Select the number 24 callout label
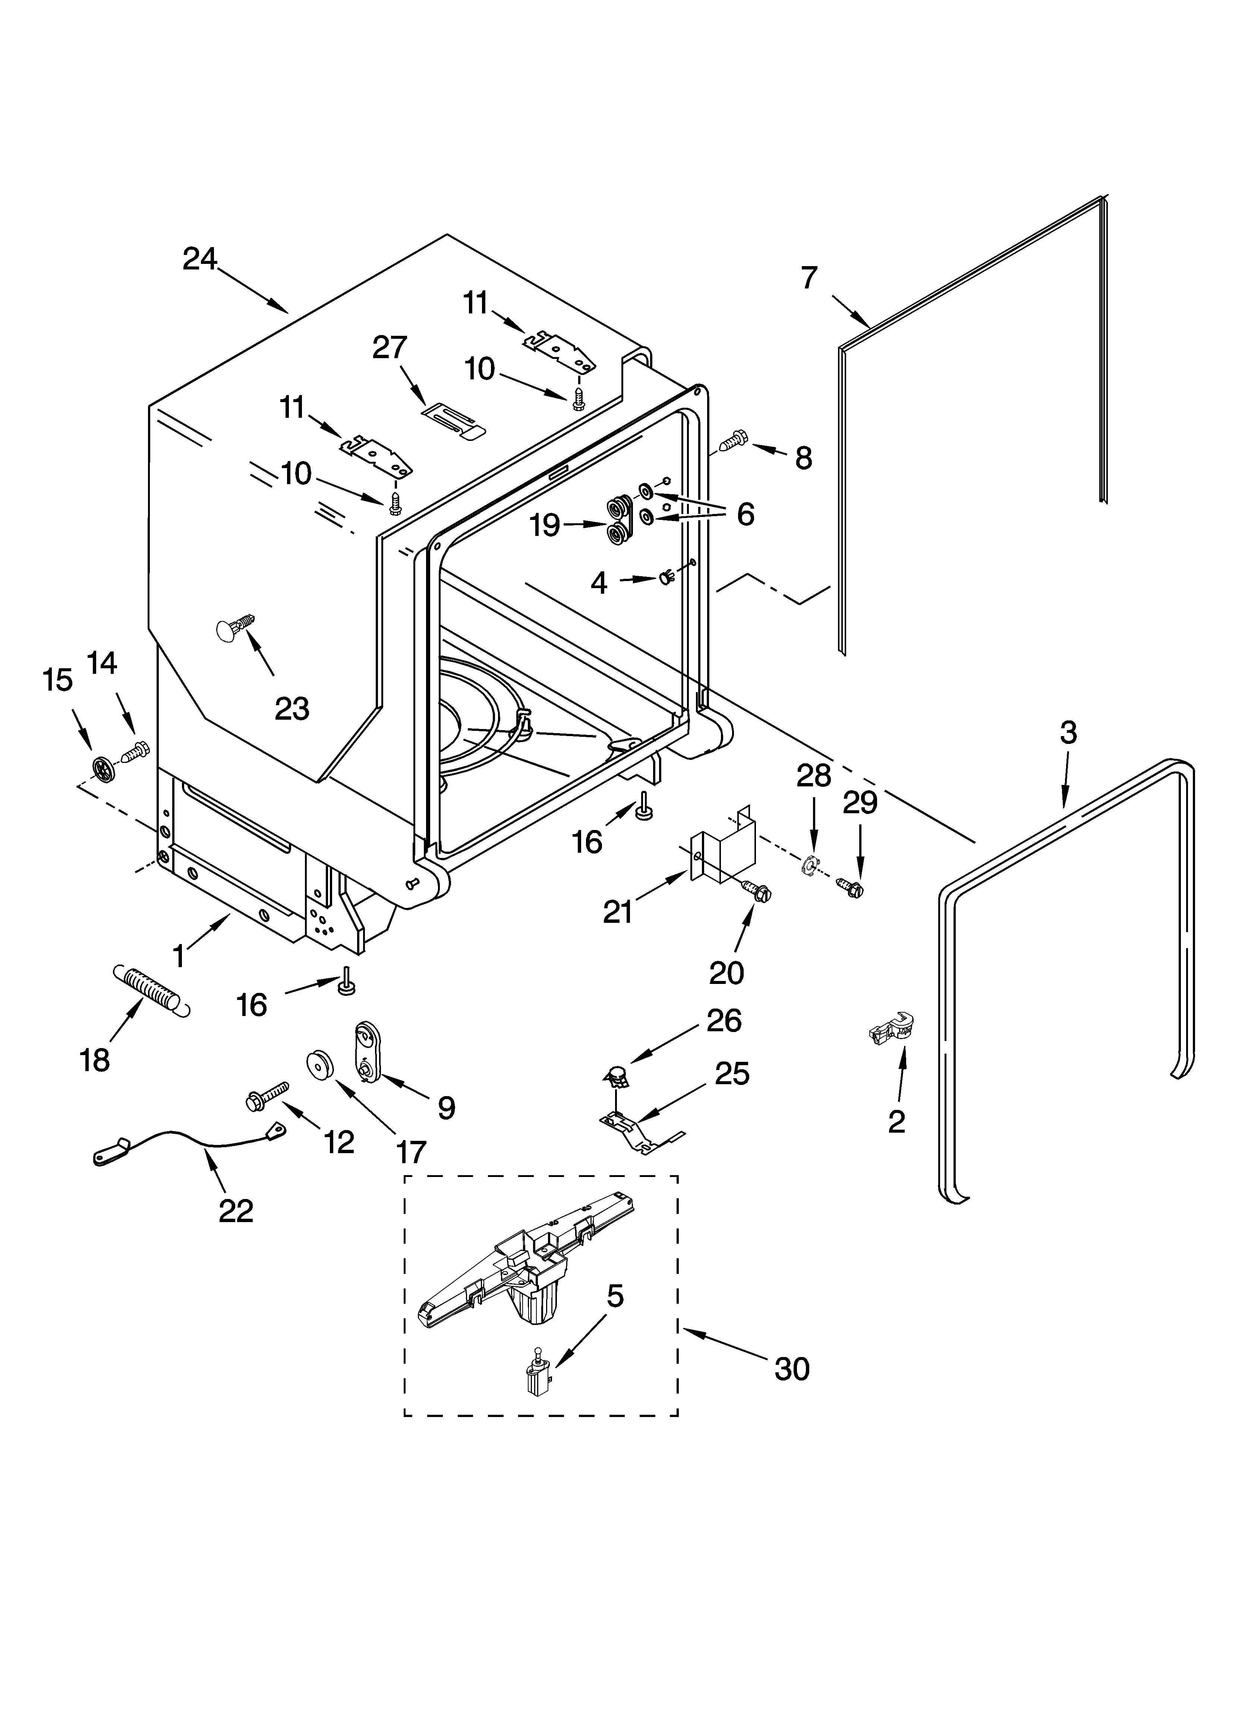[200, 260]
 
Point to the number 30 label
[792, 1369]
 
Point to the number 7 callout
[809, 278]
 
